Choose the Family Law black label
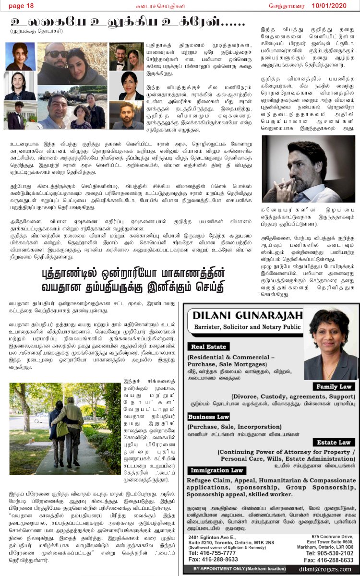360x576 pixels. click(333, 386)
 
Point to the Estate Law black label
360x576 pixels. click(334, 442)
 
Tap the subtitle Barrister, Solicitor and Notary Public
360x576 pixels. click(245, 327)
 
